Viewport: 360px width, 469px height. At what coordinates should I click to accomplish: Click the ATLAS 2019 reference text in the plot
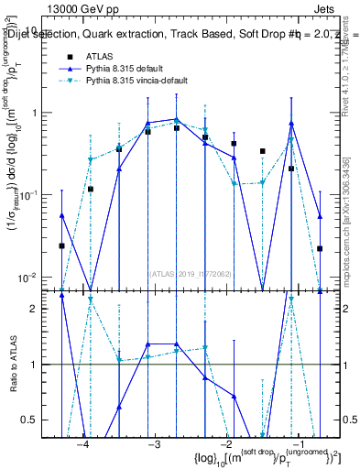click(189, 272)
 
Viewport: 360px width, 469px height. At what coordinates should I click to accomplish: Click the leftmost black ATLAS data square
click(61, 245)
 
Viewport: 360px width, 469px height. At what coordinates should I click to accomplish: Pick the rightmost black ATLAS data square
click(320, 248)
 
